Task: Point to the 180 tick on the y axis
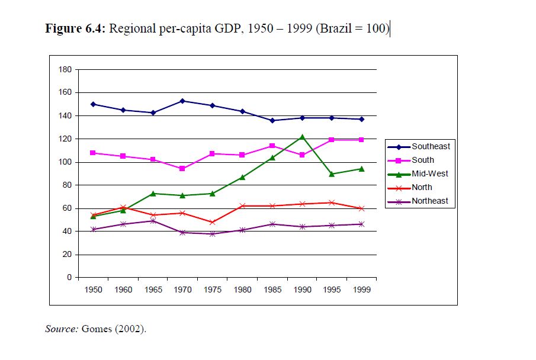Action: pyautogui.click(x=65, y=69)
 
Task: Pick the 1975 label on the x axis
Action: pyautogui.click(x=212, y=290)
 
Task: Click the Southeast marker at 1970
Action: pyautogui.click(x=182, y=101)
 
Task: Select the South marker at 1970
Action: pyautogui.click(x=182, y=169)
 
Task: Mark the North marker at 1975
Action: pyautogui.click(x=212, y=222)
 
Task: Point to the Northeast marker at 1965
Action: pyautogui.click(x=153, y=221)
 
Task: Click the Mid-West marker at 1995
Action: pyautogui.click(x=331, y=174)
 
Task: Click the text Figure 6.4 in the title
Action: pyautogui.click(x=75, y=29)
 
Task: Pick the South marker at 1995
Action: pyautogui.click(x=331, y=140)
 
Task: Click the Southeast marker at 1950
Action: pyautogui.click(x=94, y=104)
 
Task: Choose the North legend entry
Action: pyautogui.click(x=422, y=187)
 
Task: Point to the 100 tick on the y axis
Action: pyautogui.click(x=65, y=162)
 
